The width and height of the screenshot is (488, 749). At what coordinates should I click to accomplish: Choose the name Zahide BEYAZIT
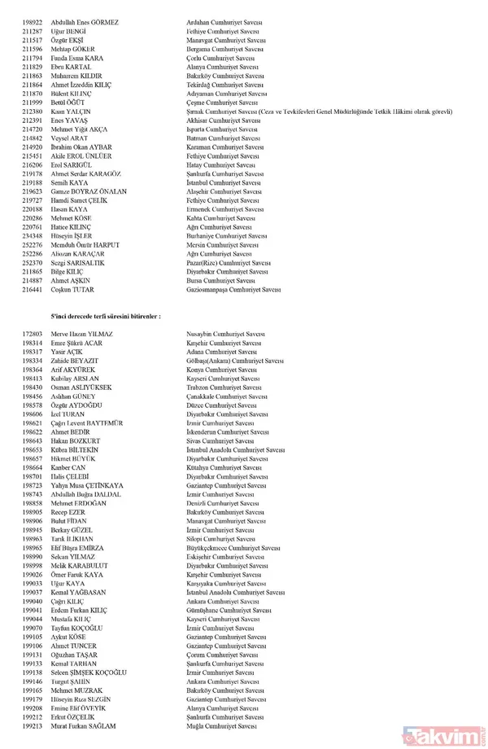[x=76, y=361]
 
